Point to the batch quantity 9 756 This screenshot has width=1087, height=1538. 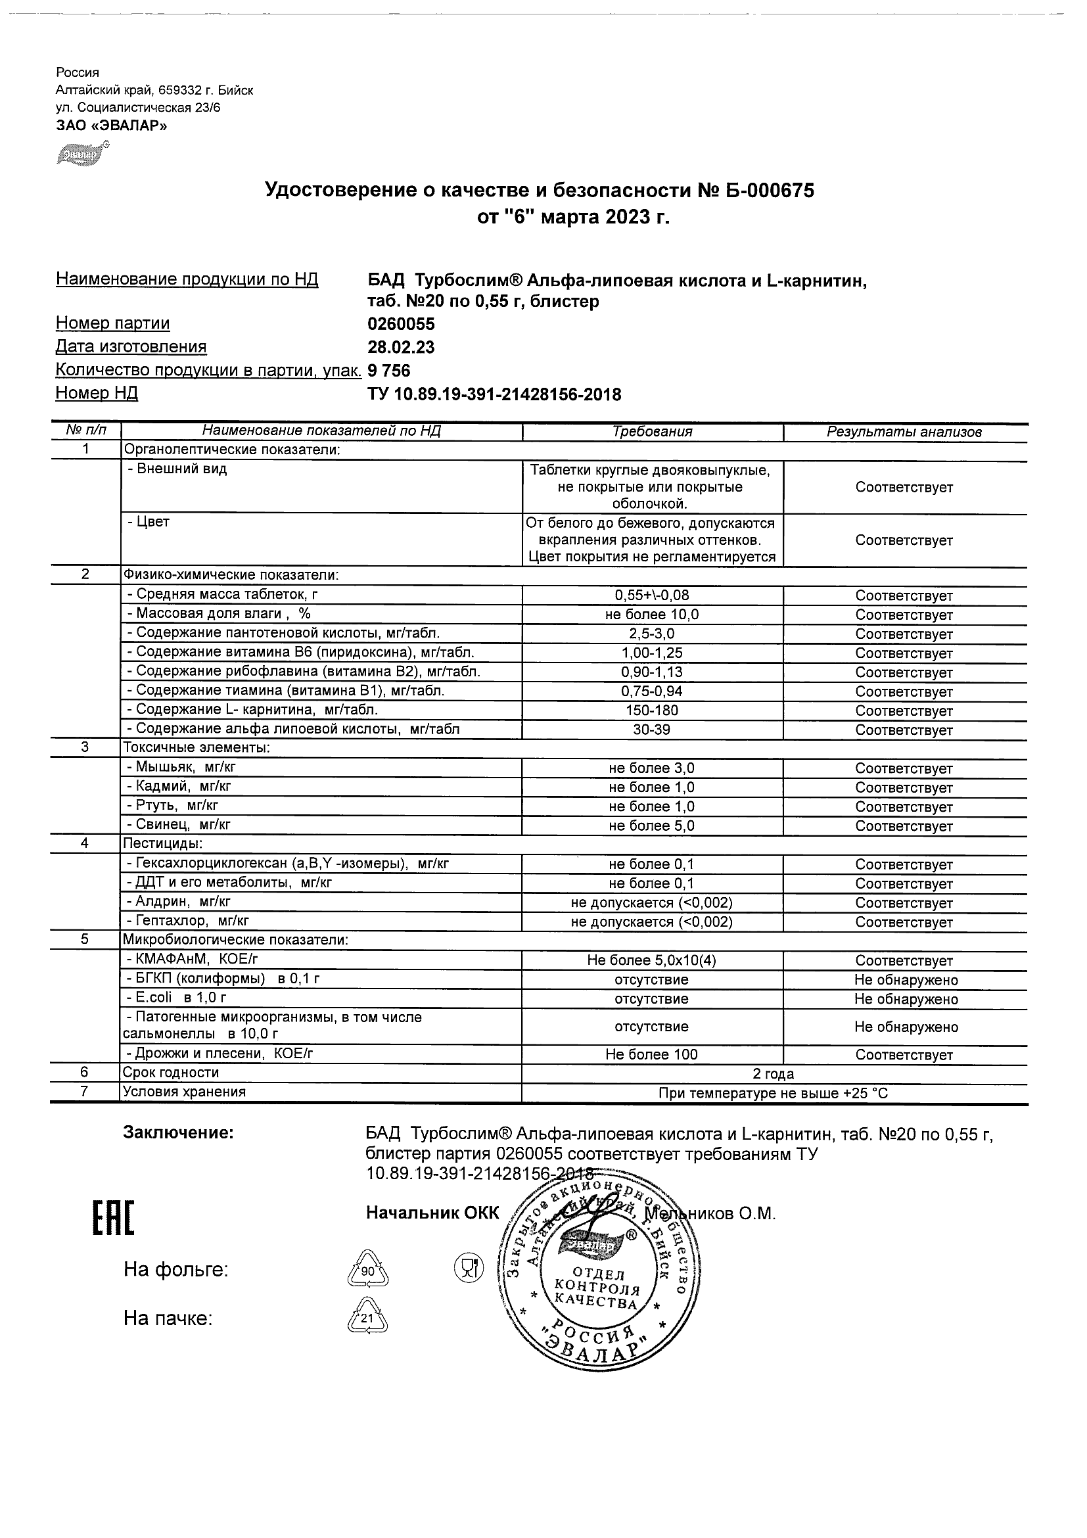(388, 371)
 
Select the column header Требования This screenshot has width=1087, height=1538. (652, 432)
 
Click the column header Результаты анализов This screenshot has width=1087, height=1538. (904, 432)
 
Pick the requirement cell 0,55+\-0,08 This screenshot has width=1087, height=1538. (652, 595)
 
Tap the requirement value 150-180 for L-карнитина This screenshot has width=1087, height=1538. (652, 711)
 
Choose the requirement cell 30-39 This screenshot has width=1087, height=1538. (652, 730)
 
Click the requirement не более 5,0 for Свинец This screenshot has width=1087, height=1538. (652, 826)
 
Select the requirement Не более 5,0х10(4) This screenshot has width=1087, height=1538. (652, 960)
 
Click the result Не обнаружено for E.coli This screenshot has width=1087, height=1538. (906, 1000)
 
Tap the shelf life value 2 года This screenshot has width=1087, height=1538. (773, 1074)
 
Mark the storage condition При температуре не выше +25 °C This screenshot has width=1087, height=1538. (773, 1093)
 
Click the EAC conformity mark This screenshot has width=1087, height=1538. (112, 1219)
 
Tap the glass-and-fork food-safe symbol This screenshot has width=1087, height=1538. (469, 1267)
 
